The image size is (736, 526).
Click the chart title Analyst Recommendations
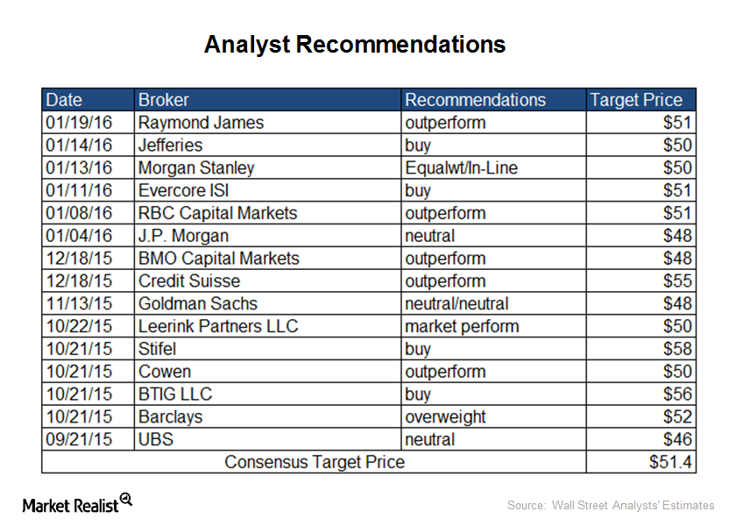coord(355,45)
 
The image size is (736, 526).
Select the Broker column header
coord(163,100)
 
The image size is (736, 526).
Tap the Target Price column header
coord(636,100)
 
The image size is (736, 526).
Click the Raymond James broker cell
coord(201,123)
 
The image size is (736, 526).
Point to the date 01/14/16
coord(79,146)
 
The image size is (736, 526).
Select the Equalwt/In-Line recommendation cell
coord(462,167)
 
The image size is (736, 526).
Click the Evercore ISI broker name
coord(183,190)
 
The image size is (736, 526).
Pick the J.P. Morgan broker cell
coord(183,236)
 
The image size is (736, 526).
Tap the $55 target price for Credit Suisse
coord(677,281)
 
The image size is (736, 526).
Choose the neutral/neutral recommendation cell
coord(456,303)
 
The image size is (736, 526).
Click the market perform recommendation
coord(463,326)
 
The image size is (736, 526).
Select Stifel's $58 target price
coord(677,349)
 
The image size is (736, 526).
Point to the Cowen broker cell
coord(165,372)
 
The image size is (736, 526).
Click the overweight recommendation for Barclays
coord(445,417)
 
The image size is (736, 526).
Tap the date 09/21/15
coord(79,439)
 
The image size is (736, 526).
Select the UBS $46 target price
coord(677,439)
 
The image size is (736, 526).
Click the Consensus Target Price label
coord(315,462)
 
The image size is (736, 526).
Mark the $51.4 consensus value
coord(670,462)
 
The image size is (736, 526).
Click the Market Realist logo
coord(77,503)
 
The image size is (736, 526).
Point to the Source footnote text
coord(611,505)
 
